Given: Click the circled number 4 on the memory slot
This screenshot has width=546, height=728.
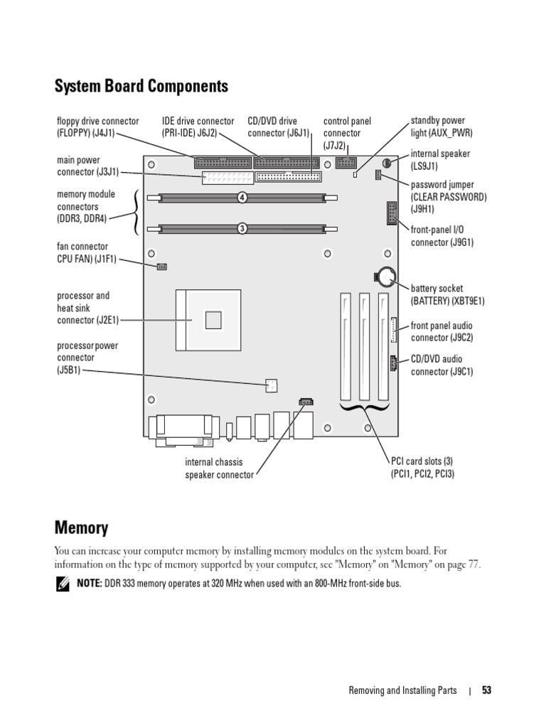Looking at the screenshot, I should (x=242, y=197).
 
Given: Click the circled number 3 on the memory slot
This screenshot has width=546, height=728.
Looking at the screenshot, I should (x=242, y=228).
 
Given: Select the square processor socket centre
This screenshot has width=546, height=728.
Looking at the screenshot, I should (x=213, y=321).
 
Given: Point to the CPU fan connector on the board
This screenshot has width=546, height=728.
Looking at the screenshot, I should (x=161, y=267).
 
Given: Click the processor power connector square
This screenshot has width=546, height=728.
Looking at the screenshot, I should (x=270, y=386).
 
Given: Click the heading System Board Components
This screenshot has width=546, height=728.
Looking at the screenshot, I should (x=141, y=87).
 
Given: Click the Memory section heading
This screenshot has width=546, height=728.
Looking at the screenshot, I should (x=81, y=528).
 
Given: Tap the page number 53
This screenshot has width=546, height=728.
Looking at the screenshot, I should (x=486, y=690).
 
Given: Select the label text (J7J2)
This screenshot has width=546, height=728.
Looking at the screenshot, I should (x=334, y=145).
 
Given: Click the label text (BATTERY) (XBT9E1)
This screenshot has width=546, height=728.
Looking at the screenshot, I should (x=447, y=301).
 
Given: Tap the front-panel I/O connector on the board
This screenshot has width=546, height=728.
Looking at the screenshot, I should (x=392, y=213).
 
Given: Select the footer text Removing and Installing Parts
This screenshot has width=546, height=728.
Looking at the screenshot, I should (x=402, y=690).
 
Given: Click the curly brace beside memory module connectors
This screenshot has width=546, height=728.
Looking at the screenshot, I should (x=136, y=212).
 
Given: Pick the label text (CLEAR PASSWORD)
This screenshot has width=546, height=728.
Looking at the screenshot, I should (x=449, y=197).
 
